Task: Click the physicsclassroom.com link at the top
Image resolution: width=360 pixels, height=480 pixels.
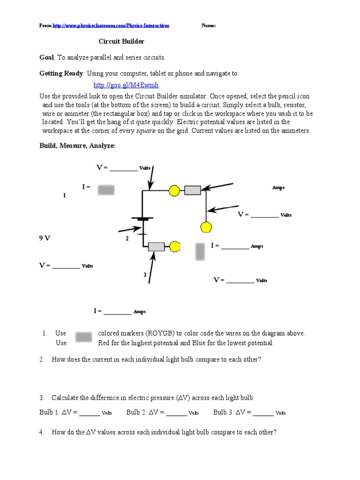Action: coord(111,26)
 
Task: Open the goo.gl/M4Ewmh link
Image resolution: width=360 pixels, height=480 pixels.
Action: coord(126,85)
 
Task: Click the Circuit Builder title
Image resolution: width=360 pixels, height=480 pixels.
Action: coord(121,42)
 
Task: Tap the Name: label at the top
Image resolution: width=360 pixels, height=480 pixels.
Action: coord(209,26)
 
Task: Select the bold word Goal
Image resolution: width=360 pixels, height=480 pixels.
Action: coord(47,58)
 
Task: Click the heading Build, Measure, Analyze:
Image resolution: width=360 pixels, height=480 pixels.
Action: coord(77,146)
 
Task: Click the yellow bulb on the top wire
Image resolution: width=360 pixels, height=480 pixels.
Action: coord(174,190)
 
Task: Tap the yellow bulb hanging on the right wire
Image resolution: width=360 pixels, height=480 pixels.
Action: coord(206,227)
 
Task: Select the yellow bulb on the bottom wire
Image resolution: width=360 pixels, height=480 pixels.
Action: coord(175,247)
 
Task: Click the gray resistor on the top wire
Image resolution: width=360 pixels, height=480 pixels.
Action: coord(192,190)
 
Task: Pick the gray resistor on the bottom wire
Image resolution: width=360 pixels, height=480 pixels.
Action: coord(156,247)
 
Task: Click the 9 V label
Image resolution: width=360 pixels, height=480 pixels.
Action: coord(45,238)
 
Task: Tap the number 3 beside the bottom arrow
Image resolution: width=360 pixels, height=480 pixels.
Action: coord(145,275)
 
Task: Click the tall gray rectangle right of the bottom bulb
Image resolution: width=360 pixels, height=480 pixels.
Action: coord(200,251)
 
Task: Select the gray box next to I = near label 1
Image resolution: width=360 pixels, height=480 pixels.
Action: coord(106,189)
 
